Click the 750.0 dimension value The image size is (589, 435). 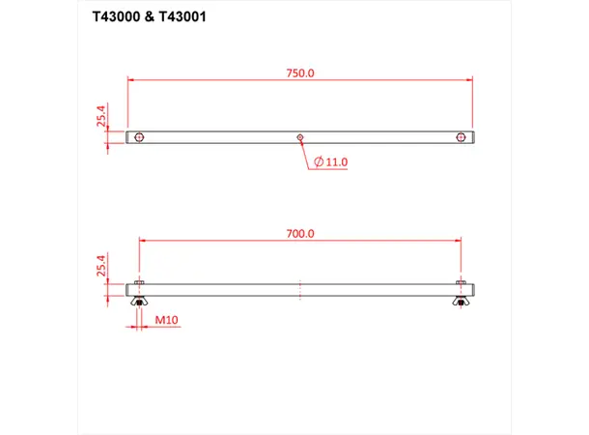pos(299,73)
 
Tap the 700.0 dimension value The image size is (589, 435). pos(300,233)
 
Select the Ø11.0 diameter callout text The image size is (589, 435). pos(330,162)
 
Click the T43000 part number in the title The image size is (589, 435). pos(120,17)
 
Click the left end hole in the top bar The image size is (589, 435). pos(141,137)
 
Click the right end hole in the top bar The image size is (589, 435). pos(462,137)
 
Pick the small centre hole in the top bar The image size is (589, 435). pos(301,137)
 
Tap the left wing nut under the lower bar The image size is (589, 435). pos(140,304)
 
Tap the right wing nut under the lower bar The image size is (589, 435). pos(461,304)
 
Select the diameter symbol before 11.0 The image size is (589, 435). pos(318,162)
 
